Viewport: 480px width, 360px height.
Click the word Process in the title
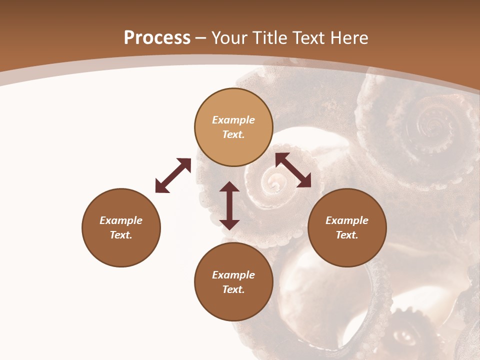[157, 38]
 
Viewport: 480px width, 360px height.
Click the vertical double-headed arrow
[229, 205]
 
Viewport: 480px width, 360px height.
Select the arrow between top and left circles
[173, 175]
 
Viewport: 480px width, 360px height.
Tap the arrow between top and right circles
[293, 170]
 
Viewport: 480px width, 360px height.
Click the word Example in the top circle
[233, 120]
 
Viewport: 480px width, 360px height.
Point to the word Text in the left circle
[121, 235]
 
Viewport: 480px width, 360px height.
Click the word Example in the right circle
[347, 220]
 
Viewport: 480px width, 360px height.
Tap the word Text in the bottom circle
[233, 289]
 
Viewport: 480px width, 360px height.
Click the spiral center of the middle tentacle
[274, 184]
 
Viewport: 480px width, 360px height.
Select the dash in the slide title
[201, 38]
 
